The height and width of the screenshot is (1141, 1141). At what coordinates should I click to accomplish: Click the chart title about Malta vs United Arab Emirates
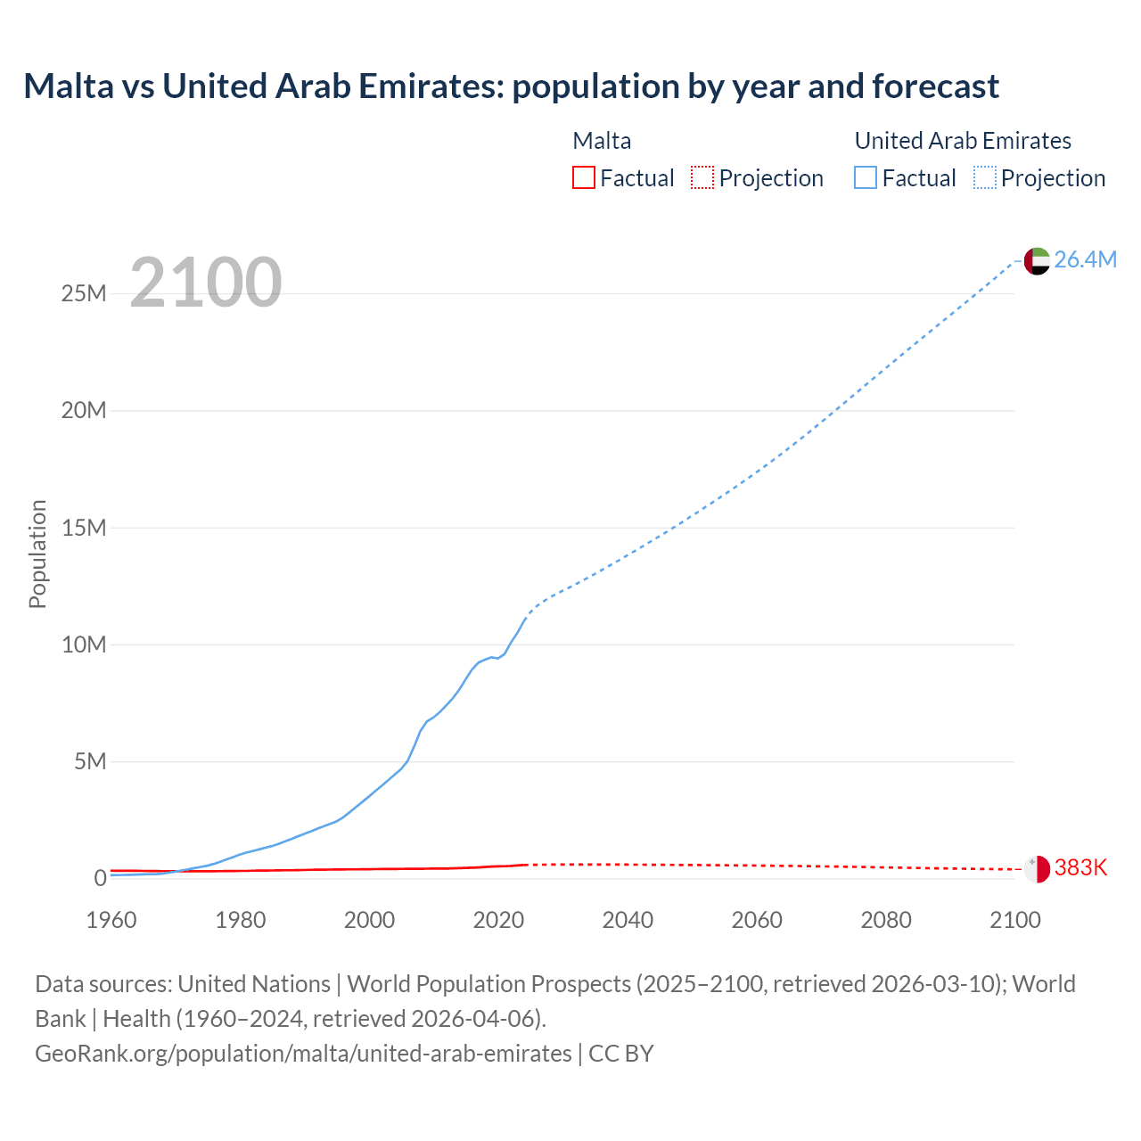pyautogui.click(x=511, y=86)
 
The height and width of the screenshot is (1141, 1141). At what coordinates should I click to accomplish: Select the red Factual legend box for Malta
pyautogui.click(x=583, y=177)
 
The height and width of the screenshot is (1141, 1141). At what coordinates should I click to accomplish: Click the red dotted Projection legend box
pyautogui.click(x=702, y=177)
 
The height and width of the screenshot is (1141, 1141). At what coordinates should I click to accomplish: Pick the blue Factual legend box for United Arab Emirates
pyautogui.click(x=866, y=177)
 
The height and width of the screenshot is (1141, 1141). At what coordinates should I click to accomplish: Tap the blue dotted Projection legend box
pyautogui.click(x=985, y=177)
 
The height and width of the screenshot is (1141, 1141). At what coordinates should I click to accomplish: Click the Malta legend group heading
pyautogui.click(x=602, y=141)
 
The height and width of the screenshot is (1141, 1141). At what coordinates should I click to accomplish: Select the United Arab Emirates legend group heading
pyautogui.click(x=963, y=141)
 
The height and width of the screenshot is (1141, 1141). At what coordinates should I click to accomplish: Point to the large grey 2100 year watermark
pyautogui.click(x=206, y=283)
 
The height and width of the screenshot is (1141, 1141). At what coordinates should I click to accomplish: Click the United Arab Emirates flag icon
pyautogui.click(x=1037, y=260)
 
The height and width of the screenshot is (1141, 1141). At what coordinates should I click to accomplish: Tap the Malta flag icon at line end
pyautogui.click(x=1037, y=868)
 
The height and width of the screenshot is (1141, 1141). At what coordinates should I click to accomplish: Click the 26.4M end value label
pyautogui.click(x=1085, y=259)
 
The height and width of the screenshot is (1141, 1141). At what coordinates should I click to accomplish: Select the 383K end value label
pyautogui.click(x=1080, y=868)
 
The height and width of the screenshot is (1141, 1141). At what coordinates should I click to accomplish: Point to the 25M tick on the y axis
pyautogui.click(x=84, y=293)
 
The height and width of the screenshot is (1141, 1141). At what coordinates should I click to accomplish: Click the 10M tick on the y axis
pyautogui.click(x=84, y=644)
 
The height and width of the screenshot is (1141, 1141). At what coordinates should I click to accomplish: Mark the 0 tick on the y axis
pyautogui.click(x=100, y=878)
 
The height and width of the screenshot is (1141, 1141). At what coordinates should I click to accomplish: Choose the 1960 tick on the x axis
pyautogui.click(x=111, y=920)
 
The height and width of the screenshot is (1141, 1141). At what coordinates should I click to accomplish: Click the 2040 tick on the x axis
pyautogui.click(x=628, y=920)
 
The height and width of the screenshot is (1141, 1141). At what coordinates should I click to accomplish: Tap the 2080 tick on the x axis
pyautogui.click(x=886, y=920)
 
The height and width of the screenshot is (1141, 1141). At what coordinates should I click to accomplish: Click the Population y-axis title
pyautogui.click(x=37, y=554)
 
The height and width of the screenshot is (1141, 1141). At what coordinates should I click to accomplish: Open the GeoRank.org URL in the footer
pyautogui.click(x=303, y=1054)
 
